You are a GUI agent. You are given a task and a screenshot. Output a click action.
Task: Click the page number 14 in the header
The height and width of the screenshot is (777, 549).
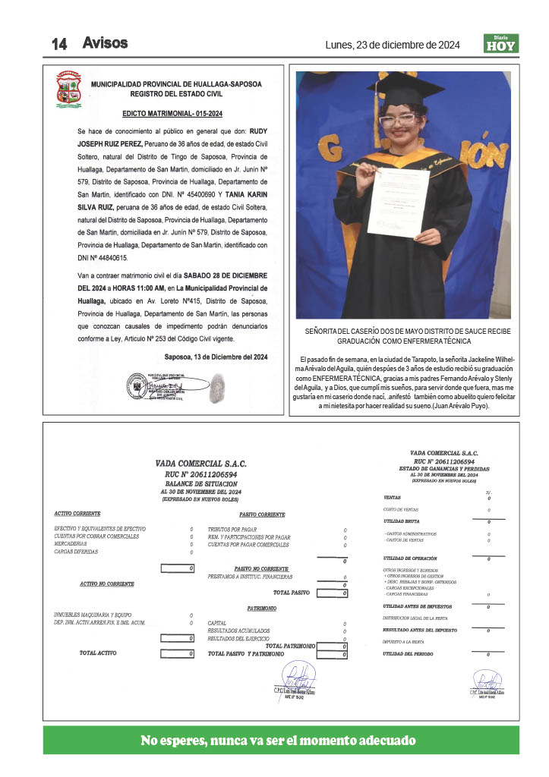coord(60,44)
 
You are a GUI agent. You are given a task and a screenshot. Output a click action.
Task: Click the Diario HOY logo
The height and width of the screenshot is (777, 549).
coord(501,44)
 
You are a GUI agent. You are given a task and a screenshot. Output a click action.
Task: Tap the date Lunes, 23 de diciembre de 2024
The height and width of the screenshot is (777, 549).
coord(393,44)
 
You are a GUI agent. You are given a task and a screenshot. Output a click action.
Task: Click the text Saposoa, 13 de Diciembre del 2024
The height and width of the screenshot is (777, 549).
coord(216,357)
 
